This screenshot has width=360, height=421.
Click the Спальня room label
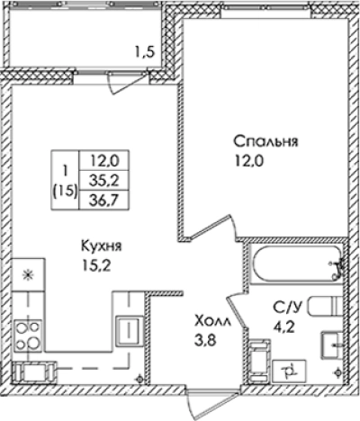pyautogui.click(x=265, y=142)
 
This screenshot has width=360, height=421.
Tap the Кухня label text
pyautogui.click(x=101, y=246)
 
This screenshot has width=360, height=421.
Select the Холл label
pyautogui.click(x=209, y=318)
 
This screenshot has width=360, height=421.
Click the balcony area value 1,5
pyautogui.click(x=146, y=51)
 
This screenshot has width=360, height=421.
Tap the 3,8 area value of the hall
pyautogui.click(x=206, y=338)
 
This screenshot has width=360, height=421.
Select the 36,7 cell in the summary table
pyautogui.click(x=104, y=198)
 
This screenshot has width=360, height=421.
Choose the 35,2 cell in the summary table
pyautogui.click(x=104, y=180)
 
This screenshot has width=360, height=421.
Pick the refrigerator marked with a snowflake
pyautogui.click(x=29, y=273)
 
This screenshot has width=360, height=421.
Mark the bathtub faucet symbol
pyautogui.click(x=337, y=264)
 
